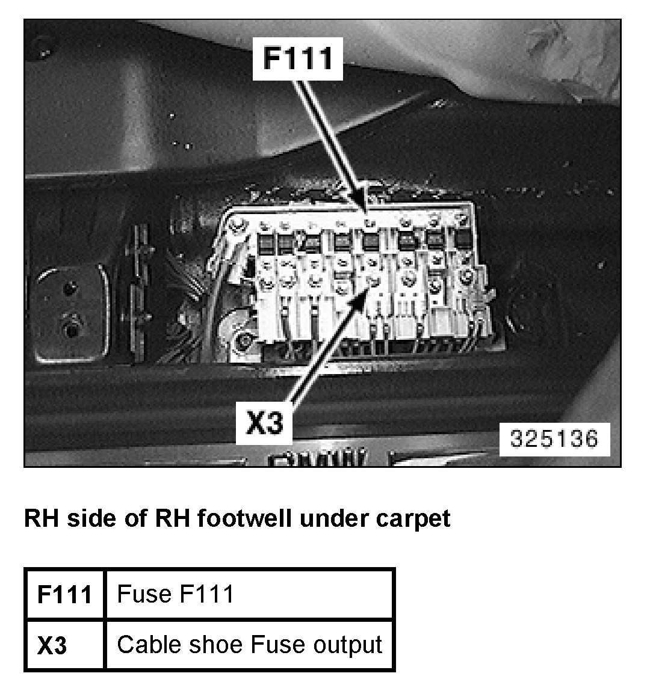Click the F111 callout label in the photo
click(297, 58)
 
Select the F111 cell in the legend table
click(64, 594)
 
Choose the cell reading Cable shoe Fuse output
click(249, 645)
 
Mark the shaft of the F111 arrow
click(329, 138)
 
